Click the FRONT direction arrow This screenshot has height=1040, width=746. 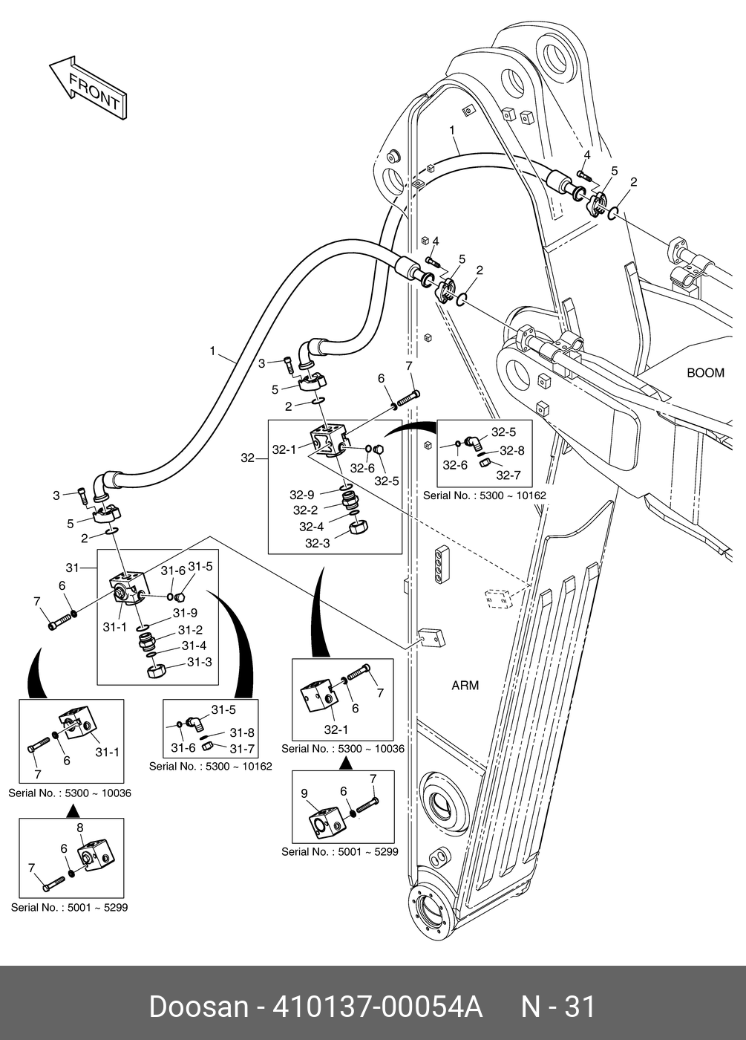point(88,87)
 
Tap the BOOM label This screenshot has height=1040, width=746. point(704,373)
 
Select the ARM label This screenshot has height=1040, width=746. point(465,685)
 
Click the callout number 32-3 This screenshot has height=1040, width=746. point(317,543)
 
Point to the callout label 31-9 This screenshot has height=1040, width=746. point(185,614)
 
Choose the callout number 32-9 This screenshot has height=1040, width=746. point(302,494)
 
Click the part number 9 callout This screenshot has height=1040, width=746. point(304,793)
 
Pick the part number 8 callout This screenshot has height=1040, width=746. point(80,828)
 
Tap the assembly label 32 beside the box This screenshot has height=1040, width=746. point(248,458)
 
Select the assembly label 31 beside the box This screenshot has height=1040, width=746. point(72,568)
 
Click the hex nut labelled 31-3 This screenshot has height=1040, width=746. point(157,669)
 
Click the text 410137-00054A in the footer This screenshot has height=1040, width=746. point(378,1007)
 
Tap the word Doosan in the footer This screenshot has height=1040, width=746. point(198,1007)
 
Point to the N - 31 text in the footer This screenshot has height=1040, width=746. point(558,1007)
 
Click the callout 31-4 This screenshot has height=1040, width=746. point(194,646)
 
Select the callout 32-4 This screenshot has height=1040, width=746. point(312,527)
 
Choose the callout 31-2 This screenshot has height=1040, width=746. point(189,630)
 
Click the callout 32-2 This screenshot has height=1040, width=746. point(305,510)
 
